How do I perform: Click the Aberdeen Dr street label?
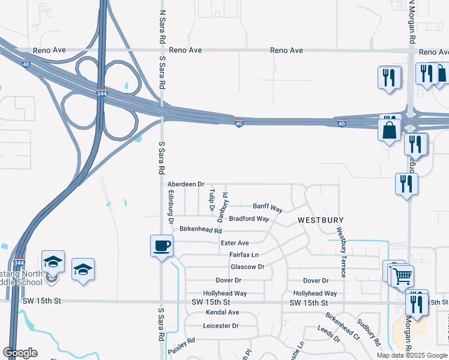click(x=186, y=184)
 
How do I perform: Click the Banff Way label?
click(x=268, y=208)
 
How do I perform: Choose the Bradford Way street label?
click(x=249, y=219)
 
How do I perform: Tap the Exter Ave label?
click(x=235, y=243)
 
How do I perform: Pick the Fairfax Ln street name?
click(x=244, y=255)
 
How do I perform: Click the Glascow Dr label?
click(x=247, y=267)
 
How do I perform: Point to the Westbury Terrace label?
click(x=341, y=252)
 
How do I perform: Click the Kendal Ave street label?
click(x=222, y=313)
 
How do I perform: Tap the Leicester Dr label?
click(x=221, y=326)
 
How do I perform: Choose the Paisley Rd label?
click(x=182, y=344)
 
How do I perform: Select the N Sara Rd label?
click(x=162, y=25)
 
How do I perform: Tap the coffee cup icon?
click(x=161, y=245)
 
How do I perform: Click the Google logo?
click(x=20, y=353)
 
